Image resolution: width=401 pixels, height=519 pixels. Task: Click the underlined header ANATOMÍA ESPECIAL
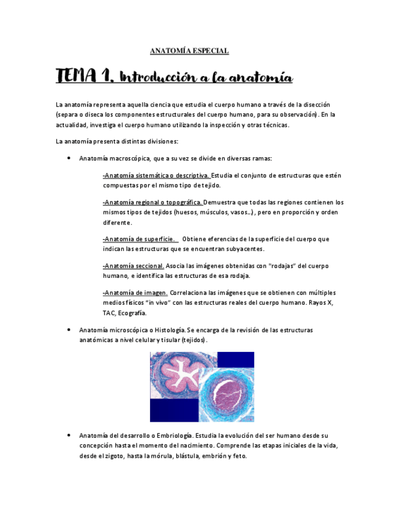click(189, 51)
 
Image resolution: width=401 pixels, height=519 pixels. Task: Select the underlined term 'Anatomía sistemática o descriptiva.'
click(156, 176)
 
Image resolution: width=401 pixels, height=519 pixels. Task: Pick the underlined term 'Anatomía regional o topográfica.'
click(152, 202)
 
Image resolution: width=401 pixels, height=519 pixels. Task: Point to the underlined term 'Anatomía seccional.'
click(133, 266)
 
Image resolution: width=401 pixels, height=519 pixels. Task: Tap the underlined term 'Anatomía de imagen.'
click(135, 293)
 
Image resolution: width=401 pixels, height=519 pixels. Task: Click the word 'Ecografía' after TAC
click(132, 313)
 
